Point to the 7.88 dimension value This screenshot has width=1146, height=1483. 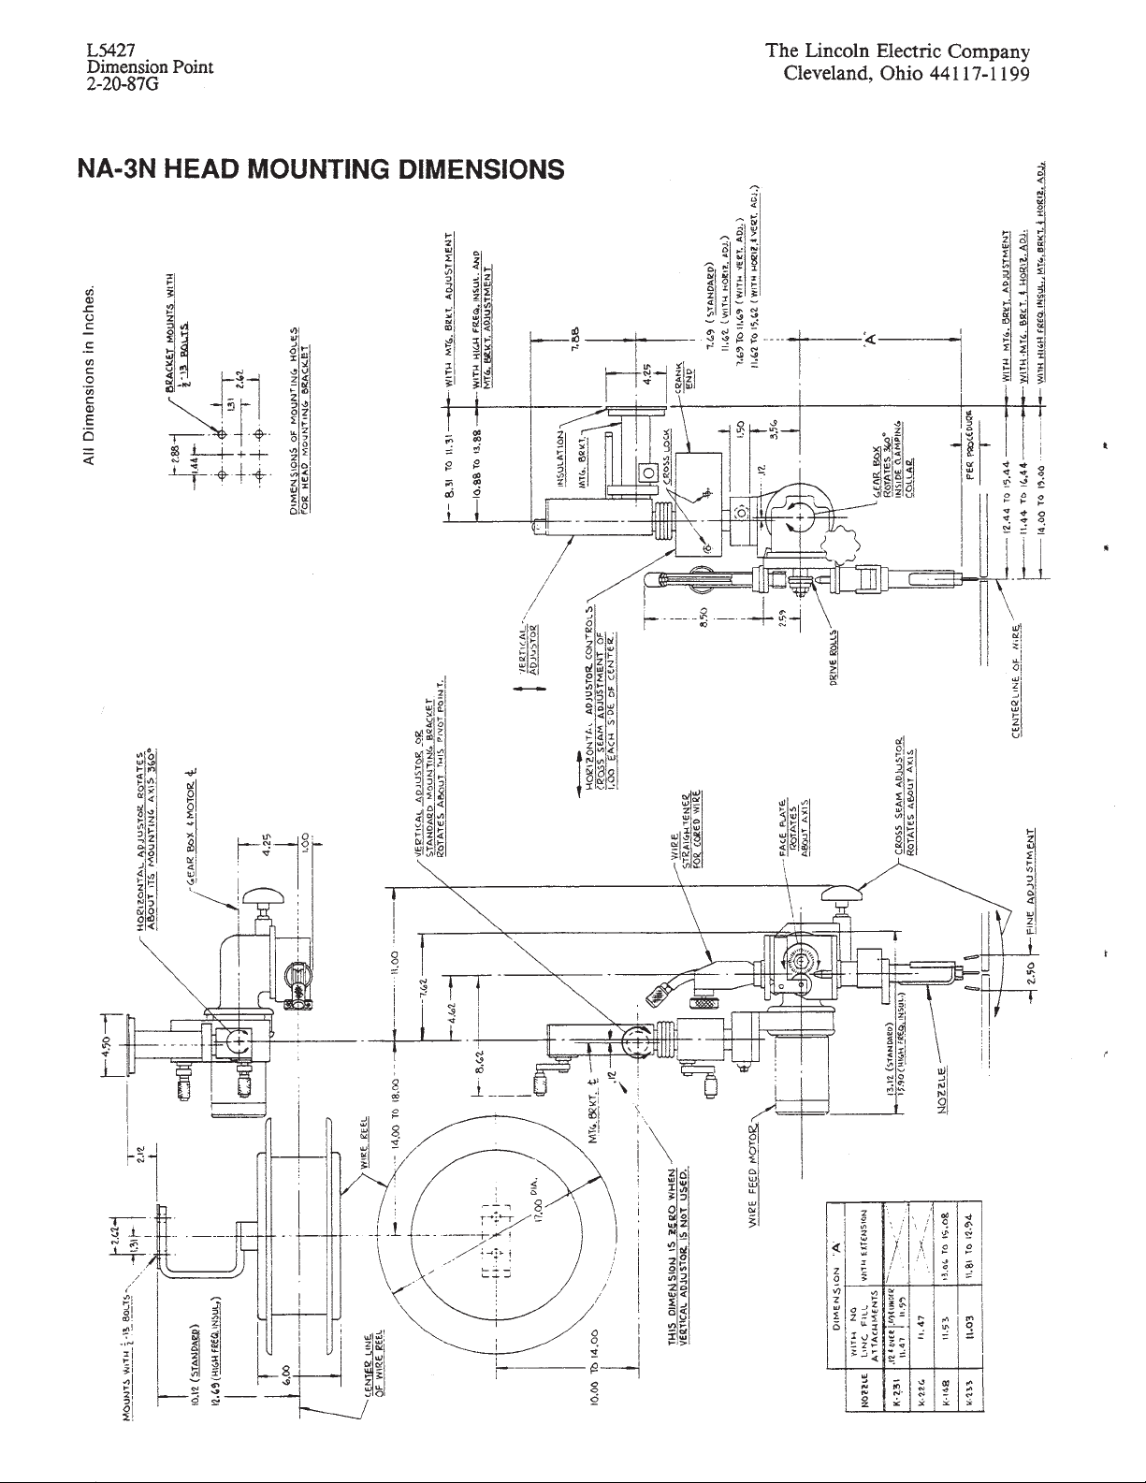(577, 333)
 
